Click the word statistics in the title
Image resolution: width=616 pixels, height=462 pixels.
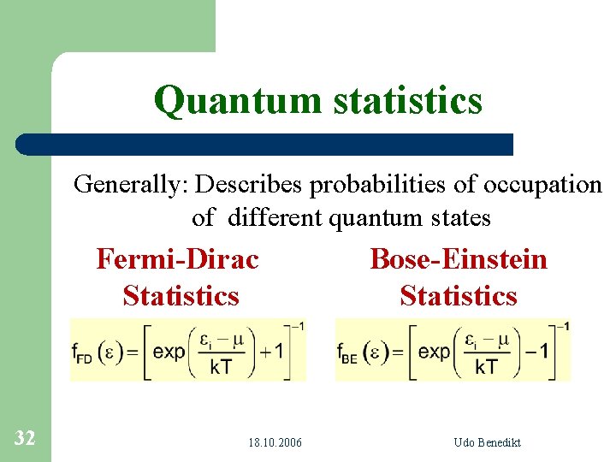(404, 101)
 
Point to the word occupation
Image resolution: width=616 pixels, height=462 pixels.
(542, 184)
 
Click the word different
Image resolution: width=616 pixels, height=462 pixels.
(273, 218)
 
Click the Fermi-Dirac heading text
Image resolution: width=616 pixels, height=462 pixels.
(177, 258)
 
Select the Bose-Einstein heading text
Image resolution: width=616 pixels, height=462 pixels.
(459, 258)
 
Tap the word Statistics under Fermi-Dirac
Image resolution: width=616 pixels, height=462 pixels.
(181, 296)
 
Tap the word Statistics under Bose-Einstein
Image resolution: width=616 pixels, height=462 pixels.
(459, 296)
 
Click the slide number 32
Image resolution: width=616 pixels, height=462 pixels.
(25, 439)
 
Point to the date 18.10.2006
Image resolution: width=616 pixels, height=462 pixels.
(275, 442)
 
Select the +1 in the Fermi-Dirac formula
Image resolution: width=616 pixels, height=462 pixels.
(273, 352)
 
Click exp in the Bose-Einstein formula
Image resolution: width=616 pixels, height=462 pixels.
(434, 352)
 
